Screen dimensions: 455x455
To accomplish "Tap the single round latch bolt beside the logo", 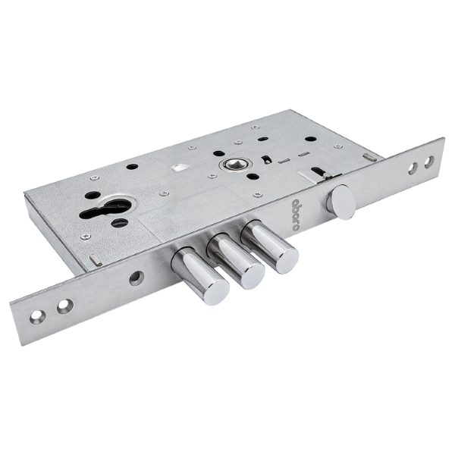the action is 341,198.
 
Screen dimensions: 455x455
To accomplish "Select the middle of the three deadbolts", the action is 236,262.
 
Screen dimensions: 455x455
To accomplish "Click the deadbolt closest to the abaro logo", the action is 269,247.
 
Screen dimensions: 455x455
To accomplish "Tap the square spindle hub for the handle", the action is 235,165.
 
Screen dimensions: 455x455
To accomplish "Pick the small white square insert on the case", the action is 178,168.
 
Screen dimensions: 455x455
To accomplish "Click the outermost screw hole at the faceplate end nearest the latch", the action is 429,162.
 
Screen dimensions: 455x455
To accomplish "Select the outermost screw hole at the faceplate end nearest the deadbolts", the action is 38,317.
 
